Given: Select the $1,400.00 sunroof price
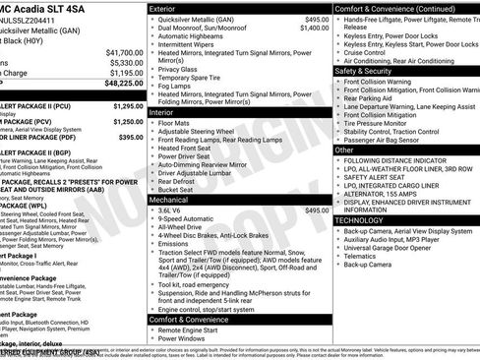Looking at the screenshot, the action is point(315,29).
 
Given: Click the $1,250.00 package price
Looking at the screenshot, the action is point(129,121).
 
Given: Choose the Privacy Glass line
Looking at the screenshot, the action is point(179,70).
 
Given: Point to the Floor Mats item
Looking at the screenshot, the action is point(175,123).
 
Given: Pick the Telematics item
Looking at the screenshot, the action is point(366,255).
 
